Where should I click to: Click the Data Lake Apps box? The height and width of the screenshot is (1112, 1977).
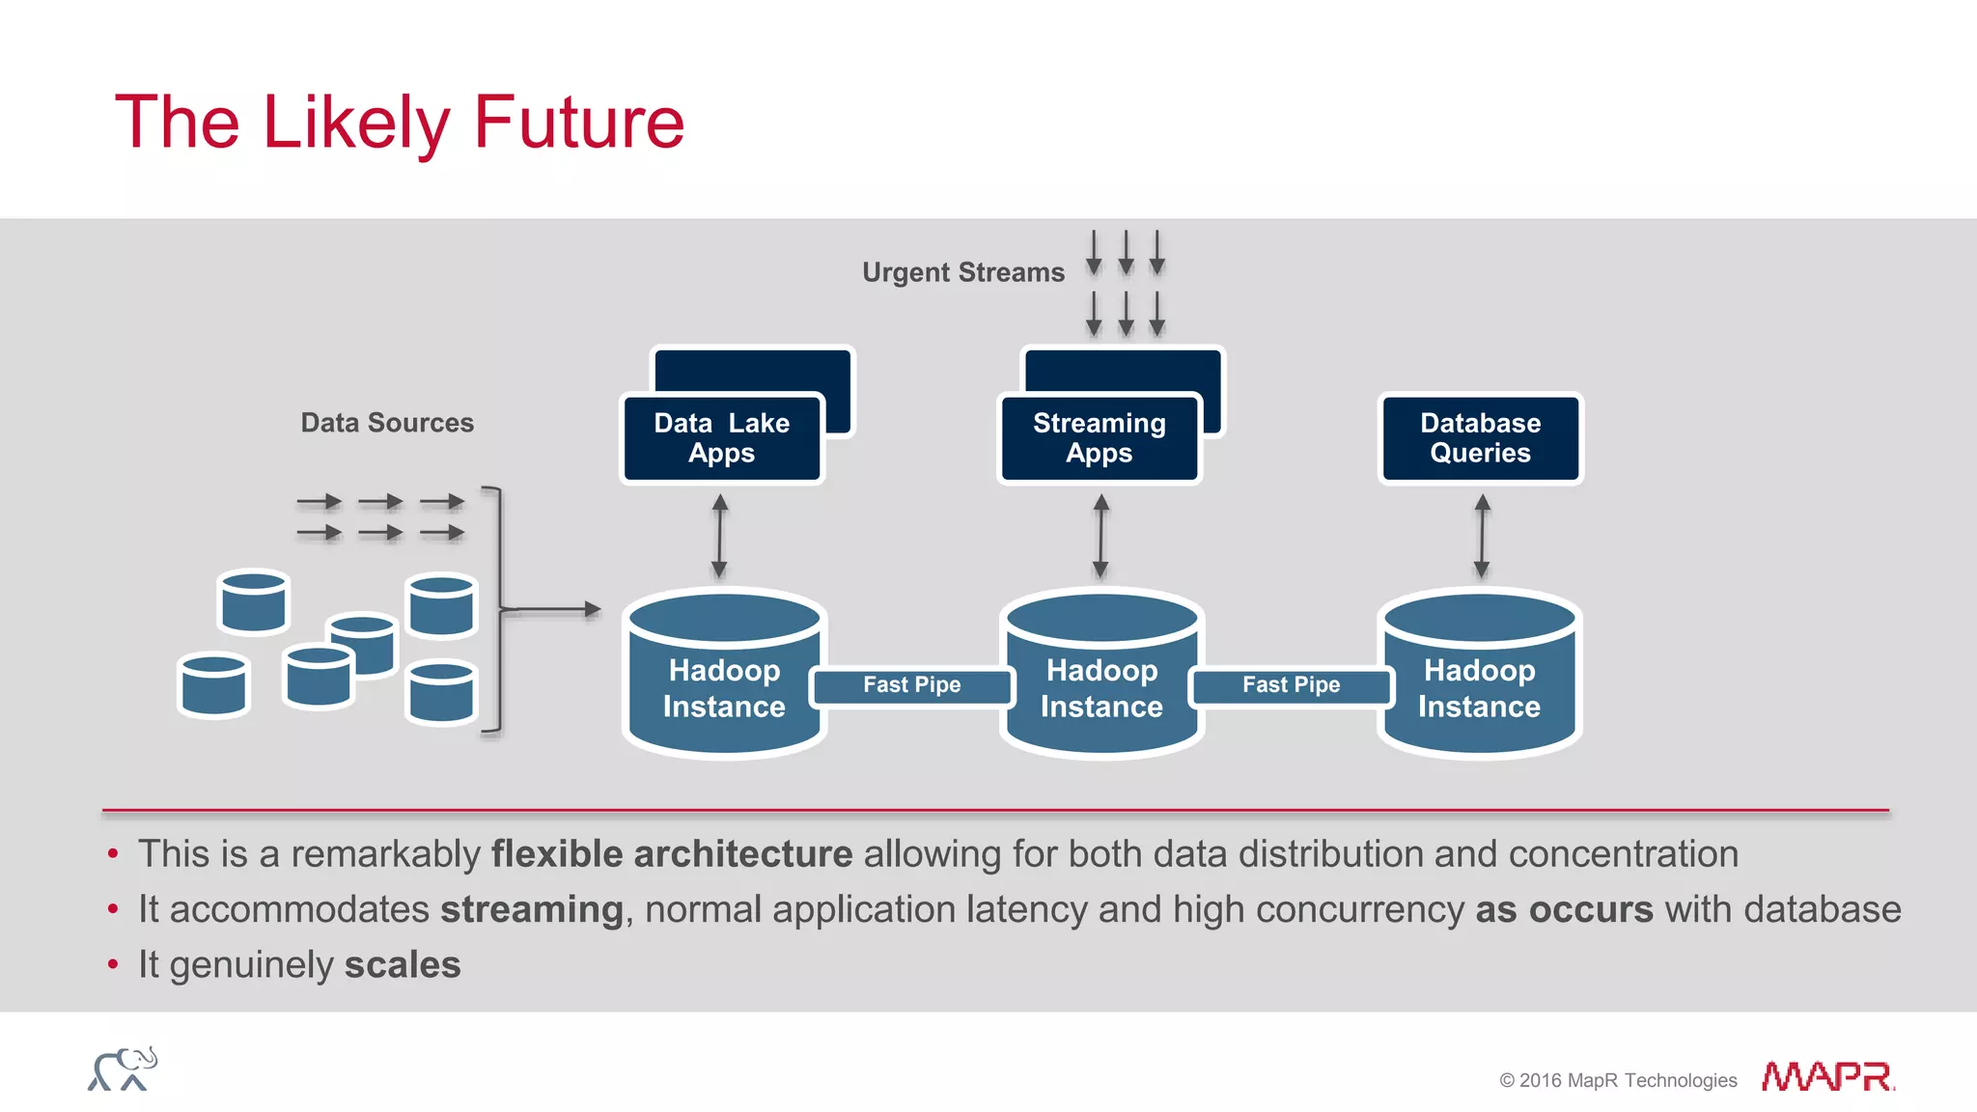(x=721, y=437)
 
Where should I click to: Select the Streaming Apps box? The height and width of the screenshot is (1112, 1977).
(x=1099, y=437)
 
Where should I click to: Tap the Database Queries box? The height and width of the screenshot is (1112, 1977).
(x=1480, y=437)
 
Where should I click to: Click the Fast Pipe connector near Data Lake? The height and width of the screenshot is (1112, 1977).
(x=911, y=685)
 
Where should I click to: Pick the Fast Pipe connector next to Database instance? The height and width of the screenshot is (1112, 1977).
(x=1291, y=685)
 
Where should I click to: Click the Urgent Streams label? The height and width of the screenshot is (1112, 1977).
(x=962, y=272)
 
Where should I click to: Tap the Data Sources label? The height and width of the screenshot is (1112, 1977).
(x=387, y=423)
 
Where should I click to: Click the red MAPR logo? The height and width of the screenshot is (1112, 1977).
(x=1827, y=1076)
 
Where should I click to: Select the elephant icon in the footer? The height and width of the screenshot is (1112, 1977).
(x=123, y=1069)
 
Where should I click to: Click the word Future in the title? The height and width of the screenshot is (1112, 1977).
(x=578, y=123)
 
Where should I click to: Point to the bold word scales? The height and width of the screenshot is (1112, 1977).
(x=403, y=964)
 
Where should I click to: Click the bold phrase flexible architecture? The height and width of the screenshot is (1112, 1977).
(x=672, y=854)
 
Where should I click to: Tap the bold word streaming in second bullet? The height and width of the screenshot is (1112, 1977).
(x=532, y=909)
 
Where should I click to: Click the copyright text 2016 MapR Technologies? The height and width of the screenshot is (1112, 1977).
(x=1618, y=1080)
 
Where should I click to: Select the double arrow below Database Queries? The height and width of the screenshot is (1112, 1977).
(x=1482, y=537)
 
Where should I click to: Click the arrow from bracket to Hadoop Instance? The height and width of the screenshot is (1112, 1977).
(x=552, y=609)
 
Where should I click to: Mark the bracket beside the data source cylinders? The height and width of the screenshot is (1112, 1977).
(x=496, y=609)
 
